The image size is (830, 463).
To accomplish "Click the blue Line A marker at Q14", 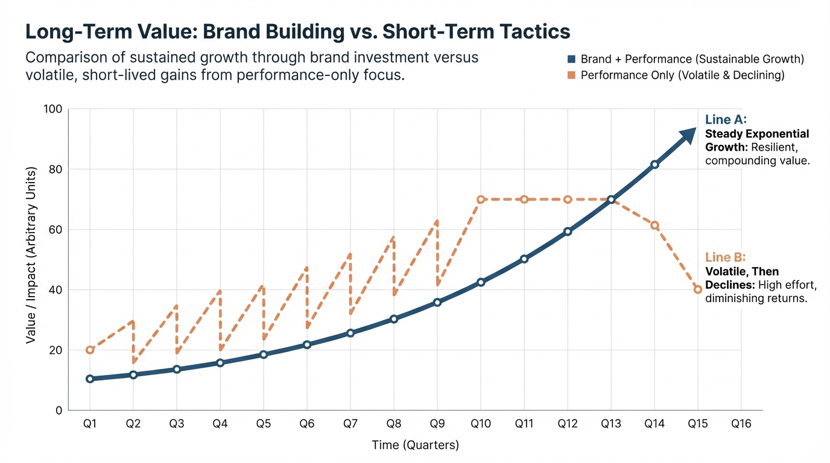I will (654, 164).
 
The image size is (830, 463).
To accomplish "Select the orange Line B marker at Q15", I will (698, 289).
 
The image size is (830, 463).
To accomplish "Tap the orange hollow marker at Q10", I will (481, 200).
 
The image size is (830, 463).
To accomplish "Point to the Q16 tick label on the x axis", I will (741, 424).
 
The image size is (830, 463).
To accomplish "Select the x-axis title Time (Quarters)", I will (415, 446).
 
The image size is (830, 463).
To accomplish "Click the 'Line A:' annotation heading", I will (726, 119).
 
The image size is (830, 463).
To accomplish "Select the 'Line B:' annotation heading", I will (726, 257).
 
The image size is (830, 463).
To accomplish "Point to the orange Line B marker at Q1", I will (90, 350).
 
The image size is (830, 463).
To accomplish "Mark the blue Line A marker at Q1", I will (90, 379).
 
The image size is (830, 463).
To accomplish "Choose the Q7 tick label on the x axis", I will (350, 424).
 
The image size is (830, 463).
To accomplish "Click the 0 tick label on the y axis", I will (59, 411).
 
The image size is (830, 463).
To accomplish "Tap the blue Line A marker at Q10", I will (481, 282).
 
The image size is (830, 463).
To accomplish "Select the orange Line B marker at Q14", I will (654, 225).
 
